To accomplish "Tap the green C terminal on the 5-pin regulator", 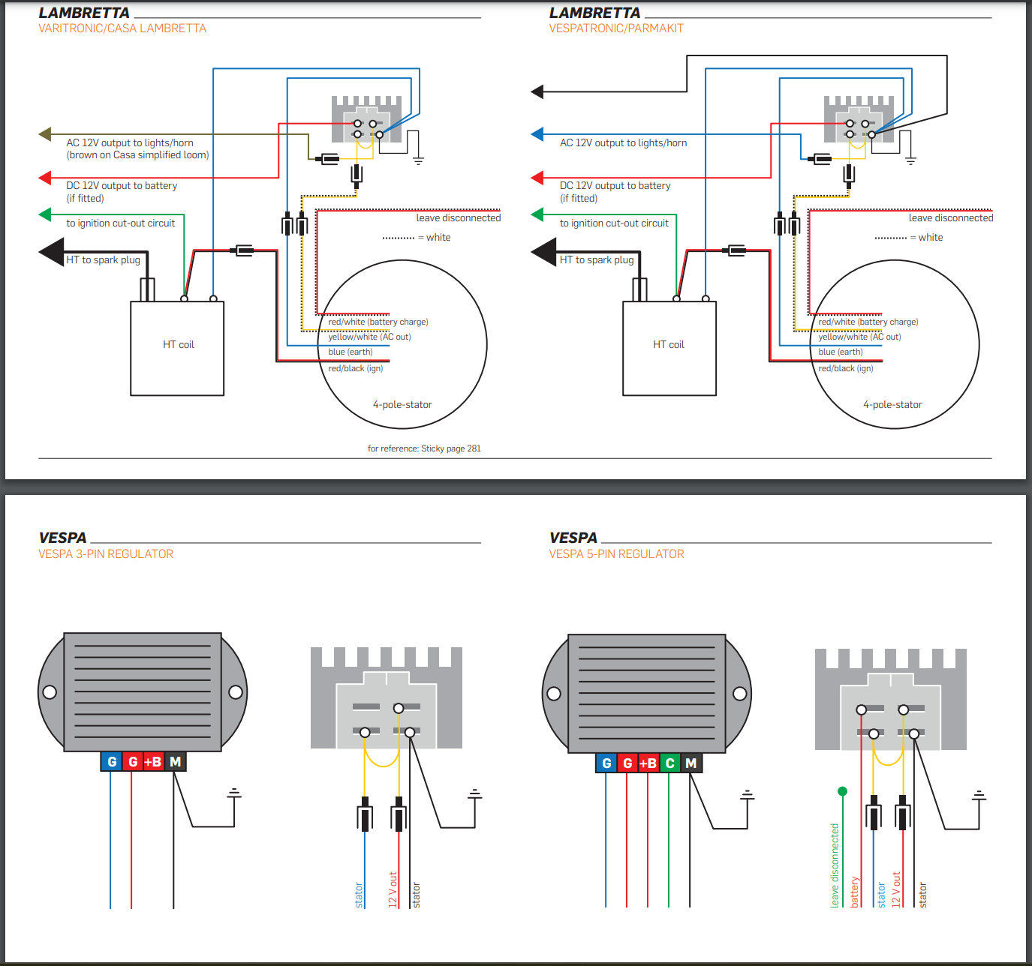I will pos(669,763).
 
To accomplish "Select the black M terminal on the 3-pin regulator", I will pos(175,762).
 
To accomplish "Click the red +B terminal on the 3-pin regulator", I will pos(153,762).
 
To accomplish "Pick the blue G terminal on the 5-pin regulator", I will pos(606,763).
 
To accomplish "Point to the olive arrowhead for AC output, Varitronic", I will pos(45,134).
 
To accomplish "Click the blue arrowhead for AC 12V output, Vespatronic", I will pos(537,134).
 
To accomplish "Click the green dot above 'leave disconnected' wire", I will pos(842,791).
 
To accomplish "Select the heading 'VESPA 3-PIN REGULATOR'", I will pos(106,554).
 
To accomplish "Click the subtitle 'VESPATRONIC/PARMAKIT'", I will pos(616,28).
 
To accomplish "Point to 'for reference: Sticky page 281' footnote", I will pos(424,448).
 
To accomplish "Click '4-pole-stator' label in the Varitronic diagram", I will pos(402,405).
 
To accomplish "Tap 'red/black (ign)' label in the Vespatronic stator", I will pos(846,368).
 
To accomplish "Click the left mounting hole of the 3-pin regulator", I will pos(50,691).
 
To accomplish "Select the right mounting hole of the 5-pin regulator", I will pos(739,693).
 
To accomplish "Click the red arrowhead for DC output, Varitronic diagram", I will pos(45,178).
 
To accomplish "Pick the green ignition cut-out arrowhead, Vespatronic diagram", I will pos(537,214).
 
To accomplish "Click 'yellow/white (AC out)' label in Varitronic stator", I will pos(369,337).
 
